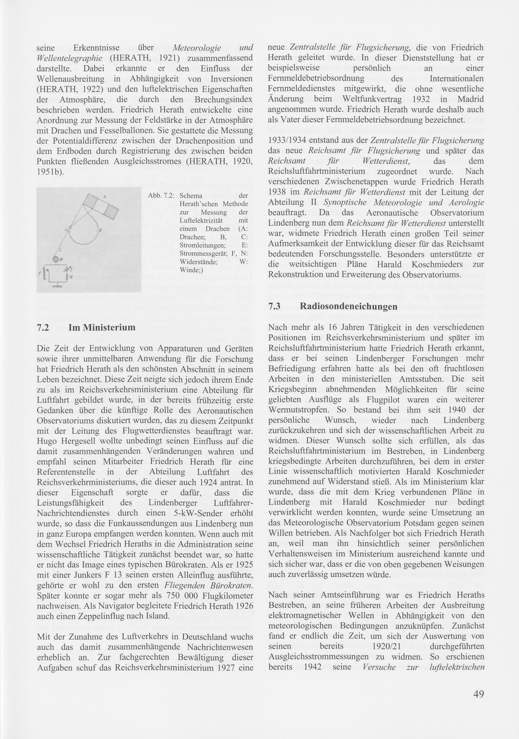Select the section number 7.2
(x=43, y=328)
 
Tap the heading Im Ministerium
(x=102, y=328)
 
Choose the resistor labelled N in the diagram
(x=67, y=277)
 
